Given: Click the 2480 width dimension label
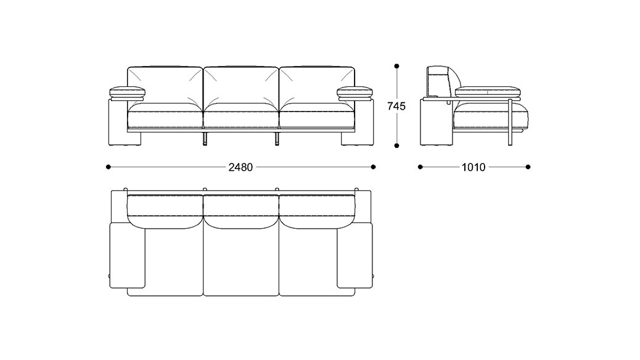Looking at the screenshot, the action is pyautogui.click(x=240, y=167).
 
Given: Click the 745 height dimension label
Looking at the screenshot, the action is pyautogui.click(x=396, y=106).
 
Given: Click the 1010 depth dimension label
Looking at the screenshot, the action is pyautogui.click(x=474, y=167).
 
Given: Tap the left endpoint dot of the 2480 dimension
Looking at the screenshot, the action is pyautogui.click(x=108, y=167).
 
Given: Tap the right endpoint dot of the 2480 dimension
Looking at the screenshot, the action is pyautogui.click(x=373, y=167).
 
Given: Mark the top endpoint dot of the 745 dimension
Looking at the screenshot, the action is pyautogui.click(x=396, y=66).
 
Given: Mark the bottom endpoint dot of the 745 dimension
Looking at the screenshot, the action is pyautogui.click(x=396, y=145).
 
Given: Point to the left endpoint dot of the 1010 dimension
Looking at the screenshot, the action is pyautogui.click(x=421, y=167).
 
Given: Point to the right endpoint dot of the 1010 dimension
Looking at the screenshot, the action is pyautogui.click(x=528, y=167).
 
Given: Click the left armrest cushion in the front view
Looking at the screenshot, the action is pyautogui.click(x=127, y=92).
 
